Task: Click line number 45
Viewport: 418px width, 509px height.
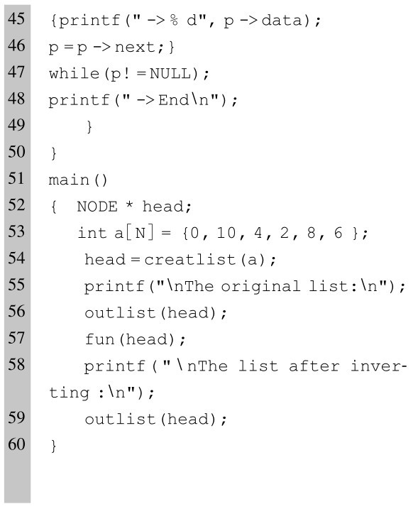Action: click(x=16, y=19)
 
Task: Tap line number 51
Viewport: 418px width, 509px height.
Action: click(x=16, y=178)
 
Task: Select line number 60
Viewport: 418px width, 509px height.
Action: click(x=16, y=444)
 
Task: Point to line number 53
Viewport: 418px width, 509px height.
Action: click(x=16, y=231)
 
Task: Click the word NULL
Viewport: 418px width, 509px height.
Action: click(x=170, y=73)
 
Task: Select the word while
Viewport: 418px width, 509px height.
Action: click(x=74, y=73)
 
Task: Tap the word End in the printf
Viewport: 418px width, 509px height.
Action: click(x=173, y=99)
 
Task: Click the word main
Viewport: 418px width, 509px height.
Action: click(x=69, y=180)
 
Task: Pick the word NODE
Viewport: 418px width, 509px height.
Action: click(x=97, y=207)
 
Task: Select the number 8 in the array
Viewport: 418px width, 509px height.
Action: click(x=311, y=233)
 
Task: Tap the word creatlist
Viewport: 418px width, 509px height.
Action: click(x=190, y=259)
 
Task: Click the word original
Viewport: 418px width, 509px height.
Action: click(x=260, y=287)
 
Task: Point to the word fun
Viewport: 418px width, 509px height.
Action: click(x=99, y=339)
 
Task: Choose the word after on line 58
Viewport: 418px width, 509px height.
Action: click(x=314, y=366)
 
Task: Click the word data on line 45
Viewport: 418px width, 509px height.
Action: click(x=282, y=21)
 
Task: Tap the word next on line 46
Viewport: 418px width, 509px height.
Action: click(x=135, y=48)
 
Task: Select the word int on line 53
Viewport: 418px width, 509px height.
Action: click(x=92, y=233)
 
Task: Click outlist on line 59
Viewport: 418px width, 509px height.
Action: click(x=120, y=419)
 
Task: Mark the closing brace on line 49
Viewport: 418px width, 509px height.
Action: click(x=89, y=126)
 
